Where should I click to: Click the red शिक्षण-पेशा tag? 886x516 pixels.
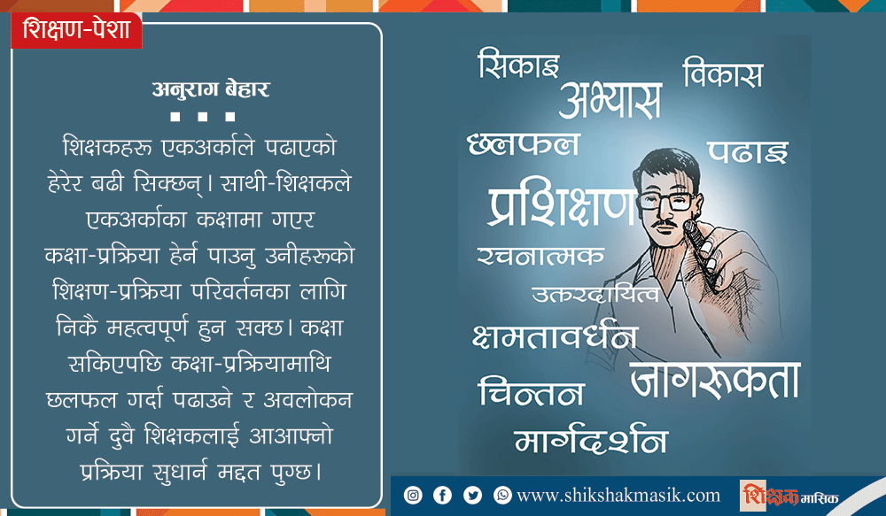[76, 30]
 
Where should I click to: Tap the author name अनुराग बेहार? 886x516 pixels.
[211, 89]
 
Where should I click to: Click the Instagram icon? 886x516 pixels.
[413, 495]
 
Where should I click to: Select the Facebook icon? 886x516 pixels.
[442, 495]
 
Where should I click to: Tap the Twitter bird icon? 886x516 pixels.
[472, 495]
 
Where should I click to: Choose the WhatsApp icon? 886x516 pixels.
[502, 495]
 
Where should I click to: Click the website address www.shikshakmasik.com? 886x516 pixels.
[618, 496]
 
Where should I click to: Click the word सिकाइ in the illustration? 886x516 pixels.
[518, 63]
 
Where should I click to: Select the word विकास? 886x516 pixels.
[723, 73]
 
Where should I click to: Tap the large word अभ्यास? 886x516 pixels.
[610, 100]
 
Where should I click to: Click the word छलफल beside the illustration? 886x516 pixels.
[524, 144]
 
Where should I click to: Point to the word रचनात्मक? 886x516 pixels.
[540, 257]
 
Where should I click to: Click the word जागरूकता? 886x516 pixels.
[715, 380]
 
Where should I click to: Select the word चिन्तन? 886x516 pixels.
[531, 391]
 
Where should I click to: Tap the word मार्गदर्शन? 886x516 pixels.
[591, 438]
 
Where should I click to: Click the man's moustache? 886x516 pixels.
[664, 224]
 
